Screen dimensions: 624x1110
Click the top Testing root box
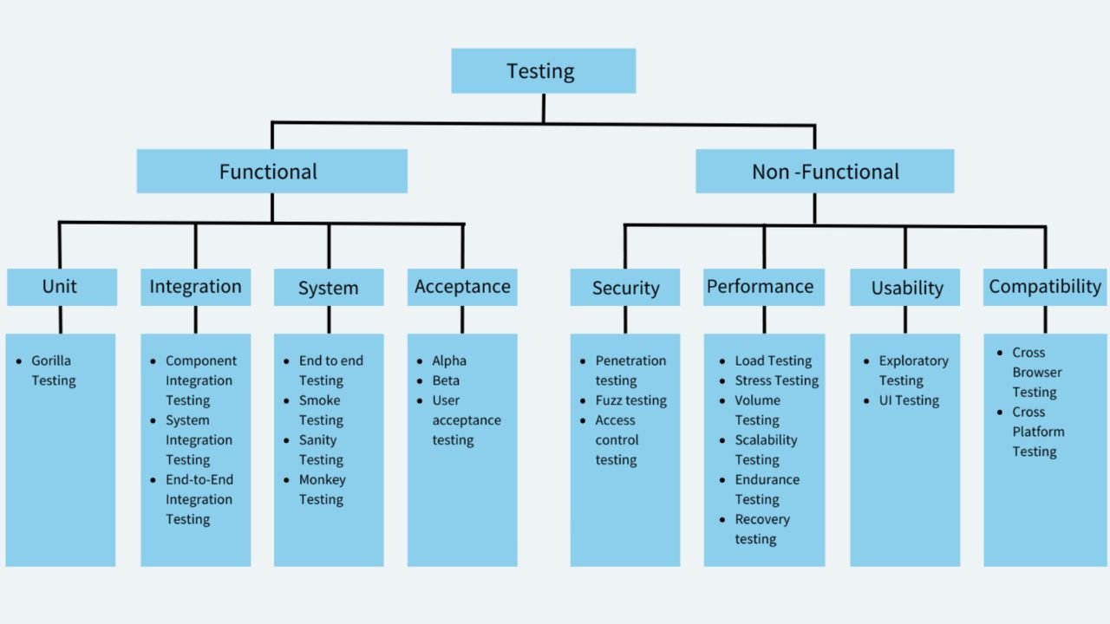(x=543, y=71)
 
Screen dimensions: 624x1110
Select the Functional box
(x=271, y=172)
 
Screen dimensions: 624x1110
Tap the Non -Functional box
(x=825, y=172)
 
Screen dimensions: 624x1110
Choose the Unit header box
(x=62, y=287)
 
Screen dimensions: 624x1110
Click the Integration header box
(x=195, y=287)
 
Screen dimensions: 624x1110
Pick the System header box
(x=329, y=288)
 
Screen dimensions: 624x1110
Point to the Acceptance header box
(x=462, y=287)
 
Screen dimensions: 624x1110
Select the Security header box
(x=625, y=288)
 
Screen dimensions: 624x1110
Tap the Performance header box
(x=760, y=287)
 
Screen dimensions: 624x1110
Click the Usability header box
(x=905, y=288)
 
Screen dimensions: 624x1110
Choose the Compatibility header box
(x=1045, y=287)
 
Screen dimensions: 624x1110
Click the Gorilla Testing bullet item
(x=53, y=371)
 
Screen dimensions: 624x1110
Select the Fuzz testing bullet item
(x=630, y=400)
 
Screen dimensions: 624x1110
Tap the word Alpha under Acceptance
(x=449, y=361)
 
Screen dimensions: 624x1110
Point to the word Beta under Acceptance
(x=446, y=380)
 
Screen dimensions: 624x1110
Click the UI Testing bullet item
(x=909, y=400)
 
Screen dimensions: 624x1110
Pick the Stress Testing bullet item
(x=776, y=380)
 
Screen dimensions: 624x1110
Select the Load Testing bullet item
(x=773, y=361)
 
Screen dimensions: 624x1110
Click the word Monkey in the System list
(x=323, y=479)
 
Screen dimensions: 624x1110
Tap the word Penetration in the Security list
(x=630, y=361)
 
